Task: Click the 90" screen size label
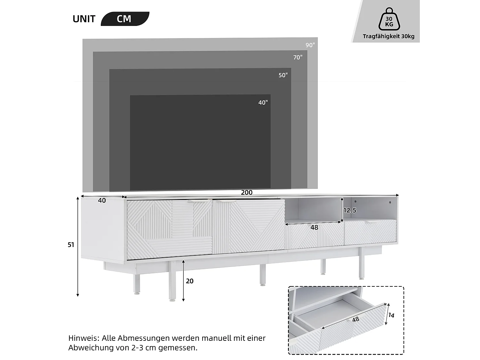(310, 45)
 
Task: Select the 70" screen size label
(298, 58)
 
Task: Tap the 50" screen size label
(283, 76)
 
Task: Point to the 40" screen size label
(263, 103)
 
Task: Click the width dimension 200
(246, 193)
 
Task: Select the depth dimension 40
(102, 201)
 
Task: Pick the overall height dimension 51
(71, 245)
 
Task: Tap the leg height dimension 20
(189, 281)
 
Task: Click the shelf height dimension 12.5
(349, 210)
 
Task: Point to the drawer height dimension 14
(391, 316)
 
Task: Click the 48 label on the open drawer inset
(356, 319)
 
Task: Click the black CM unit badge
(124, 19)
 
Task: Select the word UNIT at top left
(84, 19)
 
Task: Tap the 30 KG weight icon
(389, 20)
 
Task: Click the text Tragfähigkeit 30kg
(388, 36)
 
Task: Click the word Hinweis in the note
(84, 338)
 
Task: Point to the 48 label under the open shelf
(314, 228)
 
